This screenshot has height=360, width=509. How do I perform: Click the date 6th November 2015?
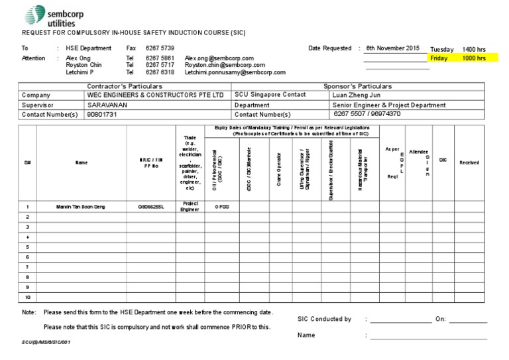(x=392, y=48)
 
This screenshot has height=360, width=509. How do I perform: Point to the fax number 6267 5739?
(x=160, y=48)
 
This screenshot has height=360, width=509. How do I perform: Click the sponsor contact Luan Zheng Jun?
(x=357, y=95)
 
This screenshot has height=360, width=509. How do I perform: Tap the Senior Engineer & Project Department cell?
(x=389, y=105)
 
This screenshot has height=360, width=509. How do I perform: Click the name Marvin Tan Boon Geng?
(x=81, y=207)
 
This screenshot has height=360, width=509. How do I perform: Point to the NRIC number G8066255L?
(x=150, y=207)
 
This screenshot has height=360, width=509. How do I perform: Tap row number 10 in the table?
(x=27, y=298)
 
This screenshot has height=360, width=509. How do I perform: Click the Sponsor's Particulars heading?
(x=357, y=86)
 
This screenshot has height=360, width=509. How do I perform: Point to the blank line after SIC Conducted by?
(x=400, y=322)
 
